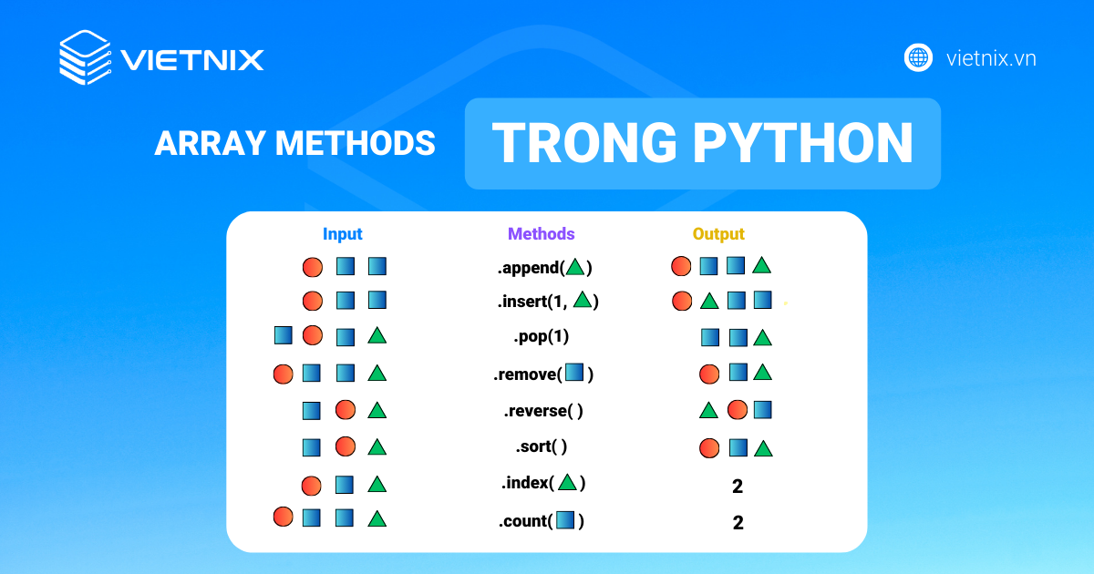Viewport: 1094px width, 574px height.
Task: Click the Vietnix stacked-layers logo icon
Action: point(86,58)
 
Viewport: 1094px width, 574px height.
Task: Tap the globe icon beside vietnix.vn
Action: point(917,57)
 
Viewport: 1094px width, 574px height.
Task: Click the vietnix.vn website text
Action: point(991,58)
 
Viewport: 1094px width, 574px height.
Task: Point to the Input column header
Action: point(343,234)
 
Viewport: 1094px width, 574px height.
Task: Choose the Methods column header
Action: point(542,234)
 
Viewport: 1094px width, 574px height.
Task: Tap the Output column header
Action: point(718,234)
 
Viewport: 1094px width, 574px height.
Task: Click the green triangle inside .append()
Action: point(574,267)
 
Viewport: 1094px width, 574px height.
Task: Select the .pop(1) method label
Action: point(542,336)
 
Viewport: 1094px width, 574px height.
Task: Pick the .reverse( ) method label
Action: point(543,410)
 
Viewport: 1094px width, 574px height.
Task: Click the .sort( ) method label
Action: point(542,446)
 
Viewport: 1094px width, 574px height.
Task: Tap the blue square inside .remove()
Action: point(574,373)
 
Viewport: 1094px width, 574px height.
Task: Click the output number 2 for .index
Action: point(738,487)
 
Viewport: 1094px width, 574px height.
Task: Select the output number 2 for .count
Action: point(738,523)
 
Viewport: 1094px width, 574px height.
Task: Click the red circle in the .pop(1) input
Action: point(313,335)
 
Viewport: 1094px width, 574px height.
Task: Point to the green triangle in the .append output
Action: point(762,266)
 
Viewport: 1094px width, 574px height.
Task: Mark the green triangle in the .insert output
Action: point(708,300)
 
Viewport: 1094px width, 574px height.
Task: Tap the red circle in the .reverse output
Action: point(737,410)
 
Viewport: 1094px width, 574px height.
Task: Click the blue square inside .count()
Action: point(565,521)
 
